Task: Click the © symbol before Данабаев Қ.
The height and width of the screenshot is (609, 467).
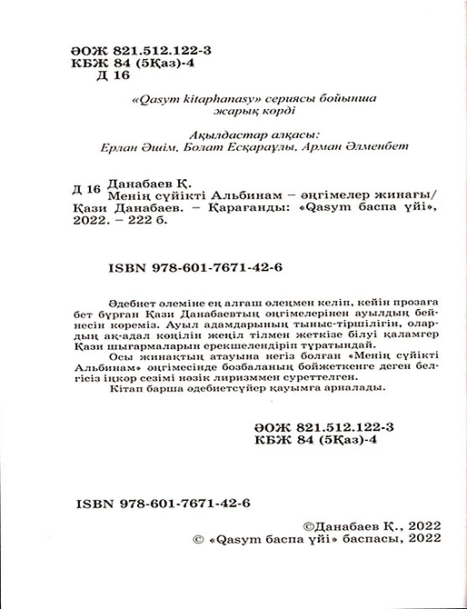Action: point(305,525)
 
